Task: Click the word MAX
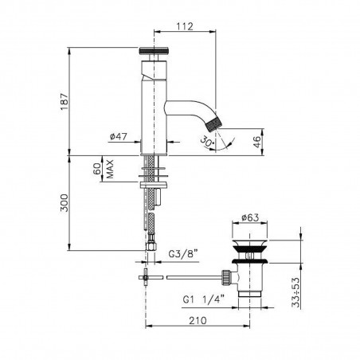pyautogui.click(x=111, y=170)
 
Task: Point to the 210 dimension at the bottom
pyautogui.click(x=199, y=320)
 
